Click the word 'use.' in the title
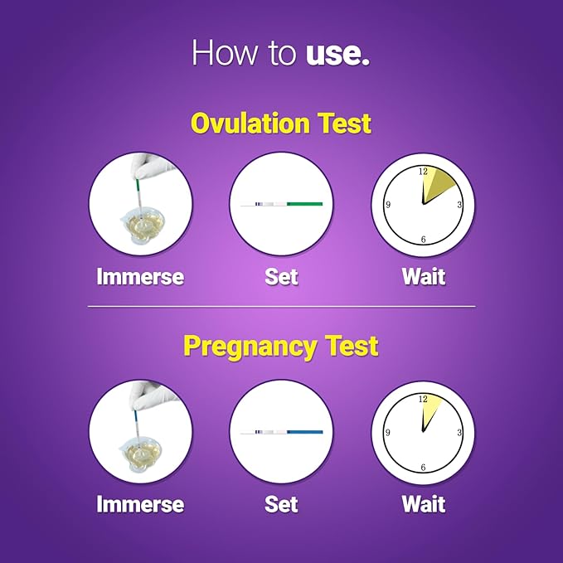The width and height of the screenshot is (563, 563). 337,54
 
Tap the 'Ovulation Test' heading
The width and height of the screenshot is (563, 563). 281,124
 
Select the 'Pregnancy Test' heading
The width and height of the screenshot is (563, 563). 281,346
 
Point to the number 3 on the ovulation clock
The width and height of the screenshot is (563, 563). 459,205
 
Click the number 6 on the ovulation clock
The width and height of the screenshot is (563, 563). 423,240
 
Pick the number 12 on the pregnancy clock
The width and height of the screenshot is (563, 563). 423,399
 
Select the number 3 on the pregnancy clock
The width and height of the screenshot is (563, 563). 459,433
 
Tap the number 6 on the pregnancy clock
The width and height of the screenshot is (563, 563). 423,468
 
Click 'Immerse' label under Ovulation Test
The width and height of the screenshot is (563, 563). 140,276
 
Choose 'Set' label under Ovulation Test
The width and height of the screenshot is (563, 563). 281,276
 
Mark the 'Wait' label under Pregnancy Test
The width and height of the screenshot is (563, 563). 423,503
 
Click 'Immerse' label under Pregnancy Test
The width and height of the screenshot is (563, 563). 140,503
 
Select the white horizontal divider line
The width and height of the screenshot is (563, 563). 281,307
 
